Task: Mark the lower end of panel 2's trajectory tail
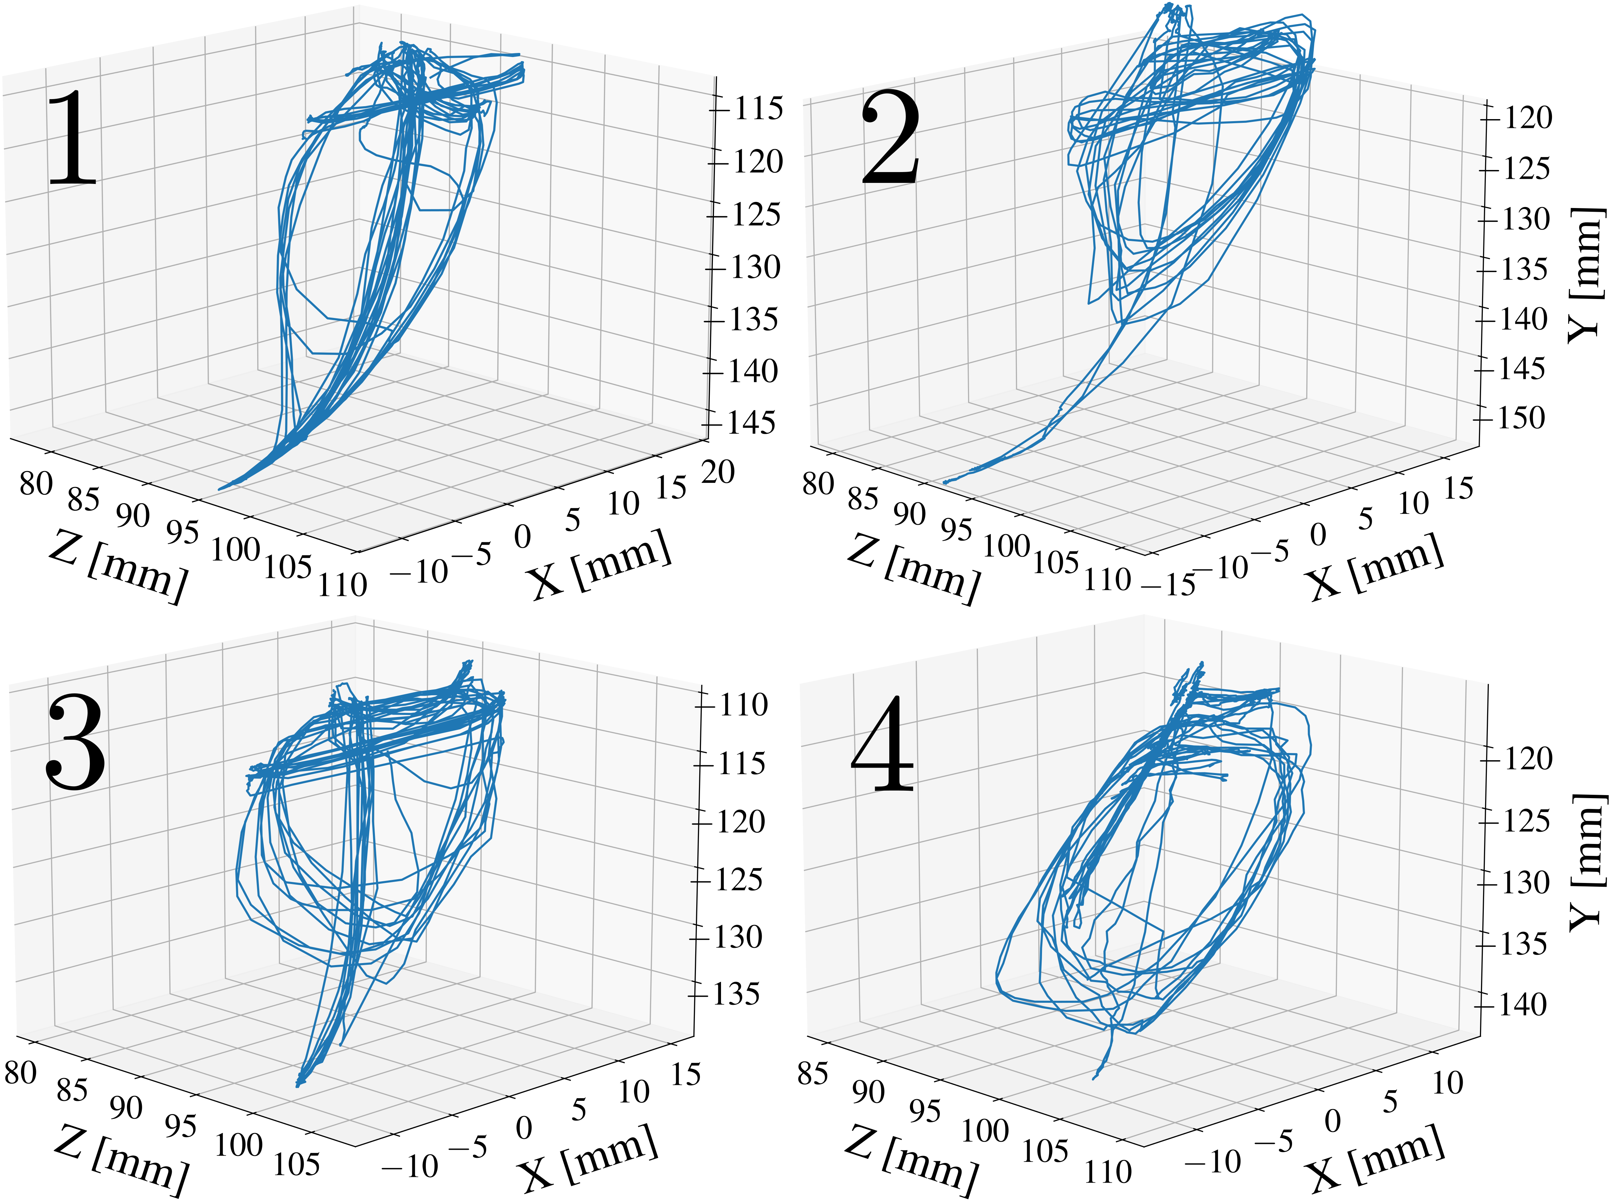click(945, 482)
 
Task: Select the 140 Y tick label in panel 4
click(1522, 1005)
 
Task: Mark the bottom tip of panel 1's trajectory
click(220, 489)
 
